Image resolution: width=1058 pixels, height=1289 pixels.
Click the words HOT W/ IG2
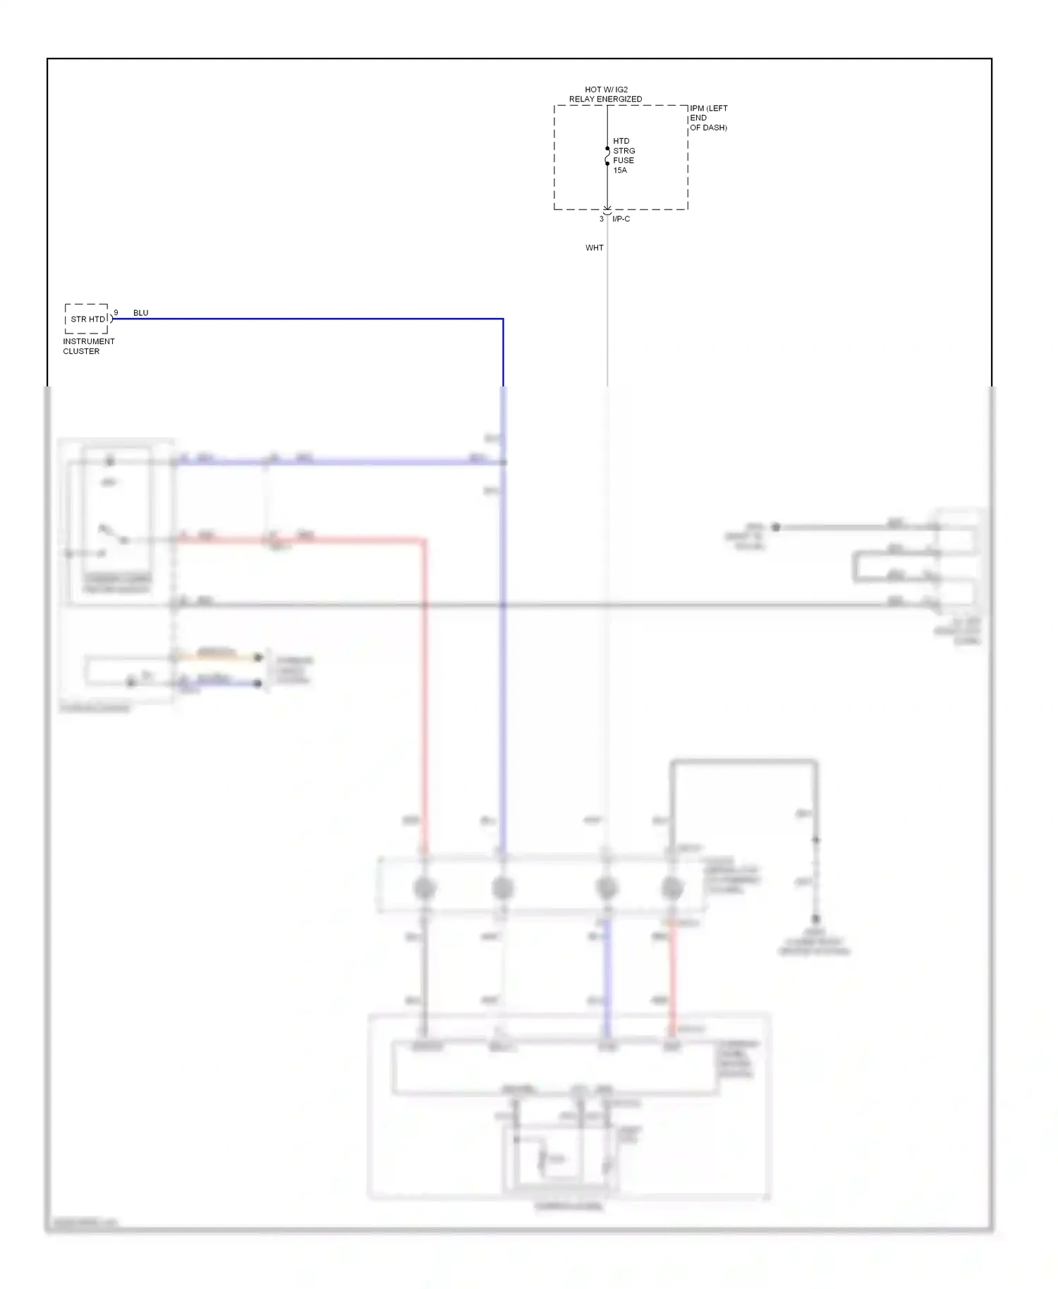(606, 90)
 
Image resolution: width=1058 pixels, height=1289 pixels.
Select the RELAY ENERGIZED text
(605, 99)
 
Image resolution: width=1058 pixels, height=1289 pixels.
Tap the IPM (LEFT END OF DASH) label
(708, 118)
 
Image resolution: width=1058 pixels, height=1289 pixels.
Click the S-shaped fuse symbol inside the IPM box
(607, 156)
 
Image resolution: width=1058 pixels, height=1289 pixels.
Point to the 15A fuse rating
(620, 170)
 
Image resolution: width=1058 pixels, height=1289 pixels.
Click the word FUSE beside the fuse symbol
(624, 160)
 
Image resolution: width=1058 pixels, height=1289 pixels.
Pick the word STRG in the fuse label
(624, 151)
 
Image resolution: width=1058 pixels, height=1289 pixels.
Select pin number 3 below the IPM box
(602, 219)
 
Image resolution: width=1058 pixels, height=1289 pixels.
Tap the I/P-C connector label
(621, 219)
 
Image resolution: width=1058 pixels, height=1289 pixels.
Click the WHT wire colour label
(595, 248)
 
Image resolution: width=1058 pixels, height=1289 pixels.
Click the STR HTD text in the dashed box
(87, 319)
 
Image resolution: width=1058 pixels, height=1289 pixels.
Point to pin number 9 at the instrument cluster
(116, 312)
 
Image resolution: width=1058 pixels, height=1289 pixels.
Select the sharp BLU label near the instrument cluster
(141, 313)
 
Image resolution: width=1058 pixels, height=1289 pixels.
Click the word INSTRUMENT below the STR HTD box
(89, 341)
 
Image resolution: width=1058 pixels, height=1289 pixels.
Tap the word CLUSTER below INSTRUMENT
(81, 351)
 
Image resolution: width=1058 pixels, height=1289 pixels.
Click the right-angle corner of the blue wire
(503, 319)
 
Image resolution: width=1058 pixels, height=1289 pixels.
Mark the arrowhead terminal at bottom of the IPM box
(607, 210)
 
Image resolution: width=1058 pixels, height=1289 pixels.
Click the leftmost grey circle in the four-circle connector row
(424, 888)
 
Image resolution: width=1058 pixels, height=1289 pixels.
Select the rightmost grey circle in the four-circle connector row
(672, 888)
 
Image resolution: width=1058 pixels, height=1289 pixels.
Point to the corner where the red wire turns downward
(424, 541)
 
